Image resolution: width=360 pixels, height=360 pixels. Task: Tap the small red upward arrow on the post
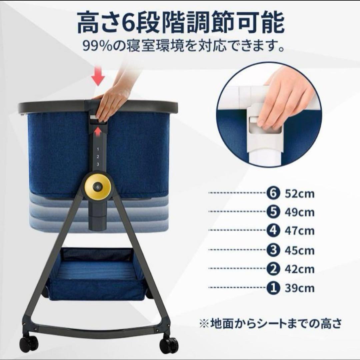pyautogui.click(x=98, y=132)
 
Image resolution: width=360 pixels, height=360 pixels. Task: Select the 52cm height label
pyautogui.click(x=299, y=194)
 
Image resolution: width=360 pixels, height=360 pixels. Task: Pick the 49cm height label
pyautogui.click(x=299, y=212)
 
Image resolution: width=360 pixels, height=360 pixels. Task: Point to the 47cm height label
pyautogui.click(x=299, y=231)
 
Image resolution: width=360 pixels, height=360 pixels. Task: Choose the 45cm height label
pyautogui.click(x=299, y=250)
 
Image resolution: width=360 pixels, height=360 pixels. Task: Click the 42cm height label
pyautogui.click(x=299, y=269)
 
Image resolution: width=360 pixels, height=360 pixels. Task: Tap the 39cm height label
pyautogui.click(x=299, y=288)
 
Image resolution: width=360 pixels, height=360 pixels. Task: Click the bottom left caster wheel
pyautogui.click(x=28, y=344)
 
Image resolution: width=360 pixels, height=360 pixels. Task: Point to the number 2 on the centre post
pyautogui.click(x=98, y=156)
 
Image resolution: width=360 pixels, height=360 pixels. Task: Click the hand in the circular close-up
pyautogui.click(x=283, y=100)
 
